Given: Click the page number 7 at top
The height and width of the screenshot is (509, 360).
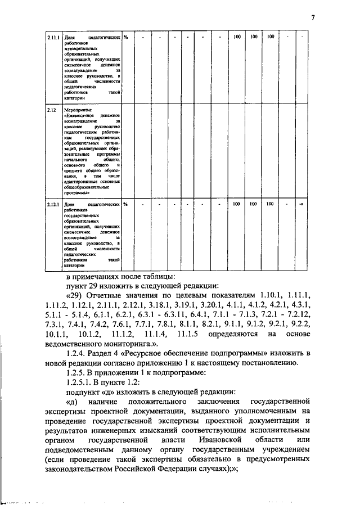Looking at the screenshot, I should click(x=312, y=17).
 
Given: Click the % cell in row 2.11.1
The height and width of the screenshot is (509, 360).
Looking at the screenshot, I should click(x=127, y=37).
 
